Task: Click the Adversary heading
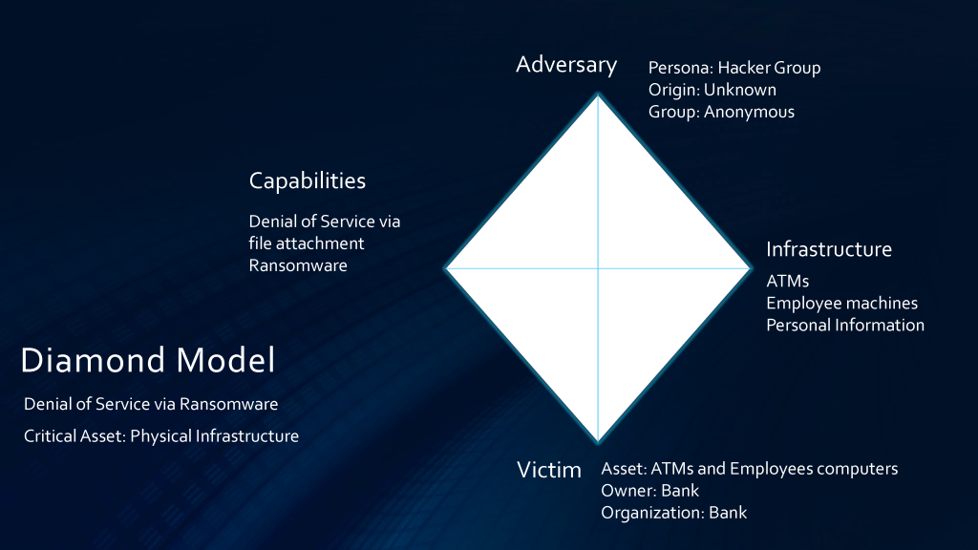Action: pos(566,65)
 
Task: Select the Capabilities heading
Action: pos(308,181)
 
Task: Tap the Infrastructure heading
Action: pos(829,249)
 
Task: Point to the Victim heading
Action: pos(549,470)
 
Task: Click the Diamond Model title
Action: pos(148,360)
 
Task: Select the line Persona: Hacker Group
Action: pos(734,68)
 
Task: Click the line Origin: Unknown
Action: pos(712,90)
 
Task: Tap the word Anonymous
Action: pos(749,113)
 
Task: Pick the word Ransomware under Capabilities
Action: pos(298,265)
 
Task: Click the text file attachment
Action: pos(307,243)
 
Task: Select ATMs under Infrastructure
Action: pos(787,282)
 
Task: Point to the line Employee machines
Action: pos(841,303)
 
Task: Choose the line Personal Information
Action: pos(845,325)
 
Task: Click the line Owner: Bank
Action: pos(649,491)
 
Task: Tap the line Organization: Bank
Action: pos(673,513)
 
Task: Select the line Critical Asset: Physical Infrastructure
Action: pos(160,435)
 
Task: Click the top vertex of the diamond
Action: pos(598,95)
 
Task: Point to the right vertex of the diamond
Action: pos(750,268)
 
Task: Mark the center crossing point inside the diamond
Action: pos(598,268)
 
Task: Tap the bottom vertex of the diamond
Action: pos(598,442)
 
